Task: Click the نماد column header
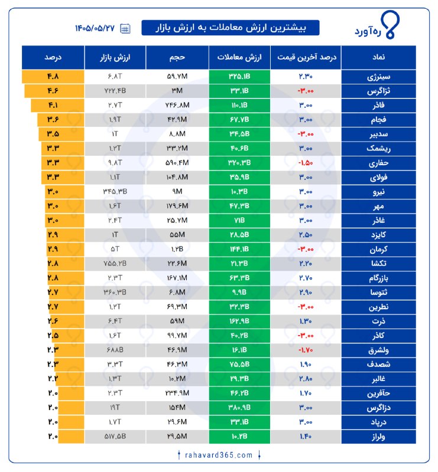[378, 57]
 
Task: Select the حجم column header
[177, 57]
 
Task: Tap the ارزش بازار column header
[115, 57]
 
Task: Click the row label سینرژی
[378, 77]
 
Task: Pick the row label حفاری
[378, 163]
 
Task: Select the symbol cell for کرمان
[378, 250]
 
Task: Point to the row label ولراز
[378, 437]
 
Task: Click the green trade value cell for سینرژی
[239, 77]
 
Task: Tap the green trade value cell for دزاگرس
[239, 408]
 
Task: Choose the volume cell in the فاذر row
[177, 106]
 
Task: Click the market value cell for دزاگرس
[115, 408]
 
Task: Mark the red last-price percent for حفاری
[306, 163]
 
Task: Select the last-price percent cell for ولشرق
[306, 350]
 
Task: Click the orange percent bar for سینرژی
[53, 77]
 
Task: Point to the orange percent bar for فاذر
[57, 106]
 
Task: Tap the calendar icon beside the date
[125, 28]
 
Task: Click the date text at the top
[95, 28]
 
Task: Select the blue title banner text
[231, 28]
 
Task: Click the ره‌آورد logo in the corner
[377, 25]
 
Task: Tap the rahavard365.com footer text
[219, 455]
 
